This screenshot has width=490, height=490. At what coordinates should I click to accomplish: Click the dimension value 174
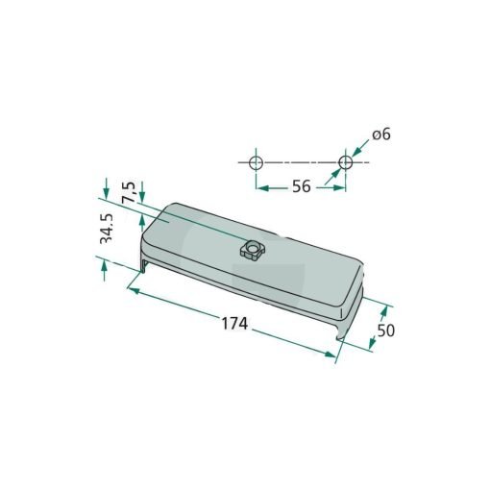pyautogui.click(x=234, y=324)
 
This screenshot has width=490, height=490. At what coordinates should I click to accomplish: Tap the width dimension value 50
pyautogui.click(x=386, y=331)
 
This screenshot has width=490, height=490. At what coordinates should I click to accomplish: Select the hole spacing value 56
pyautogui.click(x=302, y=186)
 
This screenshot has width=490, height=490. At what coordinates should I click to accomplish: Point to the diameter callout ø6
pyautogui.click(x=381, y=135)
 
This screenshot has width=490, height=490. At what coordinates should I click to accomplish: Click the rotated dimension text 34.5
pyautogui.click(x=107, y=229)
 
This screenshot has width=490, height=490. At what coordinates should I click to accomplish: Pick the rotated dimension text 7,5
pyautogui.click(x=129, y=191)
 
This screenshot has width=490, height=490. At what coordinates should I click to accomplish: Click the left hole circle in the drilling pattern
pyautogui.click(x=256, y=162)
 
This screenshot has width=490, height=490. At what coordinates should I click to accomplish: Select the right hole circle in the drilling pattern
pyautogui.click(x=346, y=162)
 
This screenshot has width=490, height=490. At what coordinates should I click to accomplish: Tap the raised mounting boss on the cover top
pyautogui.click(x=252, y=250)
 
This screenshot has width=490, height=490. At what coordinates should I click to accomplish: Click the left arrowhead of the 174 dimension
pyautogui.click(x=135, y=291)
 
